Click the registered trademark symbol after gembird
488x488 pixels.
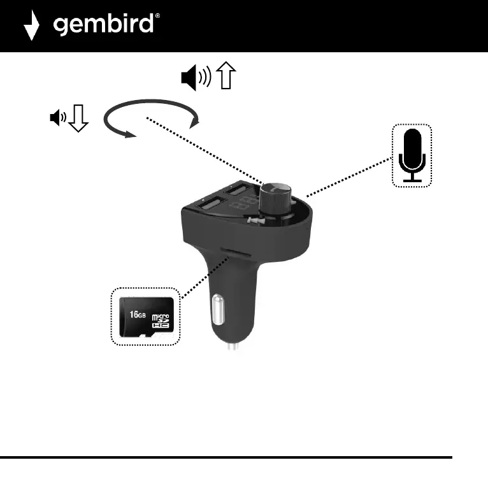coord(157,18)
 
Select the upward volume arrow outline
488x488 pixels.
coord(226,77)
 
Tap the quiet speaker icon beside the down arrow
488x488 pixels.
coord(57,117)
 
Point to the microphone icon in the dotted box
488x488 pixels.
coord(412,155)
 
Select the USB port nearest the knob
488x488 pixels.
coord(238,189)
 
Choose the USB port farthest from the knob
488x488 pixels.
coord(208,205)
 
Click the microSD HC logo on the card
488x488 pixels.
coord(161,320)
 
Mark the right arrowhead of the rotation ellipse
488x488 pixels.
coord(194,120)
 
